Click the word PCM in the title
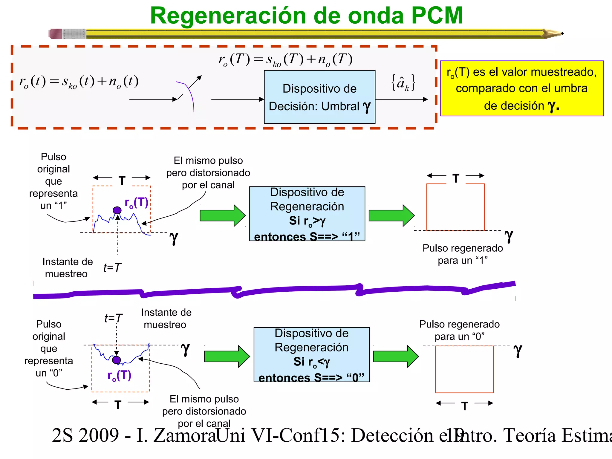tap(437, 16)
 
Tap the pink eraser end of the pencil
tap(56, 34)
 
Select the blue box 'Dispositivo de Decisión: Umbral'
tap(319, 97)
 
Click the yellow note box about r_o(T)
tap(521, 88)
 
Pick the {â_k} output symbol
tap(403, 82)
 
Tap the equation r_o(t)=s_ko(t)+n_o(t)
tap(79, 82)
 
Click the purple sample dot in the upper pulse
tap(117, 210)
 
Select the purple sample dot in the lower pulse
tap(117, 360)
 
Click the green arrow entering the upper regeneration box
tap(222, 215)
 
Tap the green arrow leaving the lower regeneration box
tap(396, 357)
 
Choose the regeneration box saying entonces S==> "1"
tap(307, 214)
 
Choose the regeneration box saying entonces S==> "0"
tap(311, 355)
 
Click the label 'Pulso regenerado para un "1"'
tap(463, 254)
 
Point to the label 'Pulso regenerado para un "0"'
tap(459, 330)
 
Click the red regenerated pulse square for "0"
tap(464, 369)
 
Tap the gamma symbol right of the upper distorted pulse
tap(174, 238)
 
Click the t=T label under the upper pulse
tap(112, 267)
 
